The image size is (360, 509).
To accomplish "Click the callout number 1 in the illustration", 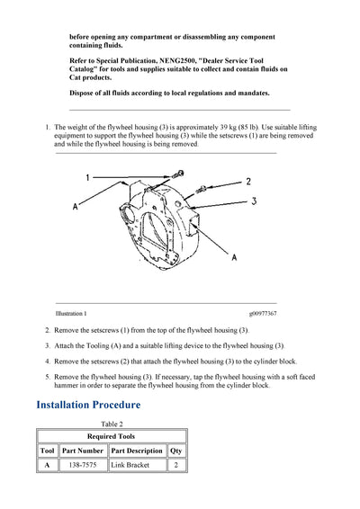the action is click(x=87, y=177).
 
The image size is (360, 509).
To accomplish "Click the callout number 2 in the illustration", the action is click(x=248, y=182).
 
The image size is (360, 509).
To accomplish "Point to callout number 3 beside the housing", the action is click(x=254, y=201).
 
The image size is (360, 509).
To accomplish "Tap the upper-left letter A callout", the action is click(x=75, y=206).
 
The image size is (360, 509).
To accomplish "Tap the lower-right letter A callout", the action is click(x=234, y=257).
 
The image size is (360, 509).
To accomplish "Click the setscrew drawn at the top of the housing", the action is click(x=178, y=174).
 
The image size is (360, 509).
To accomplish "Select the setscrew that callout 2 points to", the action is click(x=202, y=188).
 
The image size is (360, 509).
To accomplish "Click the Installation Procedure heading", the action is click(x=88, y=405).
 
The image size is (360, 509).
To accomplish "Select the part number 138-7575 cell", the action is click(x=83, y=465).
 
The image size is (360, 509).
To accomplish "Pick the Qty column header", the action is click(x=175, y=451).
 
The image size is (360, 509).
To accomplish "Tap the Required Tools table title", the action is click(x=111, y=436).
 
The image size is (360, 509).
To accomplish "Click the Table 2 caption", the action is click(x=112, y=424).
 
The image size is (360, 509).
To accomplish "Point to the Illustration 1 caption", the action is click(x=71, y=313).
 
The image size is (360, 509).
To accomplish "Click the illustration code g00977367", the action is click(x=263, y=313).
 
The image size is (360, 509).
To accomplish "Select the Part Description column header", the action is click(x=137, y=451).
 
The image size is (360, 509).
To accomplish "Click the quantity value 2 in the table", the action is click(x=175, y=465).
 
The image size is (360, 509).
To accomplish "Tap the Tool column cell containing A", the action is click(x=47, y=465).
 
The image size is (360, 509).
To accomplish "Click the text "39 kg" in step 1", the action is click(x=228, y=127).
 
